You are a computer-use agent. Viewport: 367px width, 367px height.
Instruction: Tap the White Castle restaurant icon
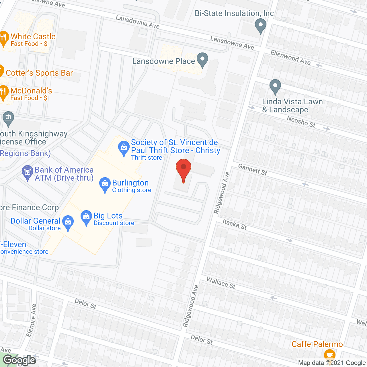pyautogui.click(x=4, y=38)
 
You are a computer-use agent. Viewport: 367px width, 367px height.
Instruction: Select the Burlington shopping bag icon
pyautogui.click(x=105, y=184)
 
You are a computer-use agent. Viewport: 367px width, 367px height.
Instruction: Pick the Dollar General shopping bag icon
pyautogui.click(x=68, y=222)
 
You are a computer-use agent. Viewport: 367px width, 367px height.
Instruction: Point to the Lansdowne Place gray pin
pyautogui.click(x=203, y=59)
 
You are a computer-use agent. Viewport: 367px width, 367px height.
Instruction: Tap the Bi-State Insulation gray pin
pyautogui.click(x=260, y=25)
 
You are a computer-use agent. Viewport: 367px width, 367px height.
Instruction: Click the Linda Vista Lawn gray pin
pyautogui.click(x=275, y=86)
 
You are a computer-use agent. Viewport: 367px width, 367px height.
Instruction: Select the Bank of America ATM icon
pyautogui.click(x=28, y=172)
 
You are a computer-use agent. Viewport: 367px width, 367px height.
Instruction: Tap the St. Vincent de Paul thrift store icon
pyautogui.click(x=124, y=148)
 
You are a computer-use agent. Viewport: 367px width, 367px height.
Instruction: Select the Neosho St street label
pyautogui.click(x=301, y=122)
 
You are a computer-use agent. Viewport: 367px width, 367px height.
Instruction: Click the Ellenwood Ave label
pyautogui.click(x=290, y=57)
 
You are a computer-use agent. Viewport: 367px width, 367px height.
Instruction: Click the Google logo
pyautogui.click(x=19, y=360)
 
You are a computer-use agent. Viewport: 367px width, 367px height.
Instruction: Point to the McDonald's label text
pyautogui.click(x=31, y=91)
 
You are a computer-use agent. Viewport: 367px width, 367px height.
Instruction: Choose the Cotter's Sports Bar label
pyautogui.click(x=39, y=73)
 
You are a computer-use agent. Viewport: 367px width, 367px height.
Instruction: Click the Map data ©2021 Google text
pyautogui.click(x=332, y=363)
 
